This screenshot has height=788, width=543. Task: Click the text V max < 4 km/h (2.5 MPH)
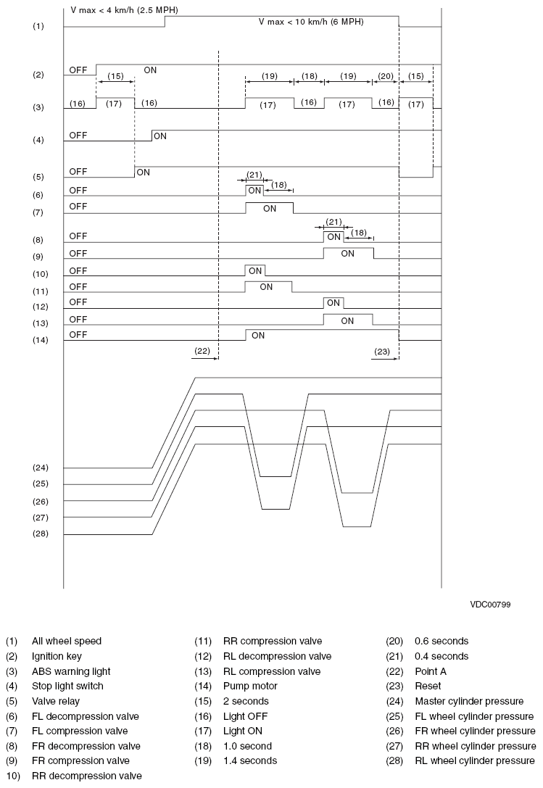125,11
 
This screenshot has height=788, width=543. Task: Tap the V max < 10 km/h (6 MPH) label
311,22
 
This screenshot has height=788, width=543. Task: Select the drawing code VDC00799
489,604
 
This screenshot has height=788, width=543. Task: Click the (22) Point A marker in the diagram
202,351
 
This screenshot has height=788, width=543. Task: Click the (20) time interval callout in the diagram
386,75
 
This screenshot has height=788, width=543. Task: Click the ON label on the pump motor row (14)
258,336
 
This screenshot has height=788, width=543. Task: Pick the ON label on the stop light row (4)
159,136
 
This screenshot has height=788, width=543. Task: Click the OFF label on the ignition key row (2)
78,70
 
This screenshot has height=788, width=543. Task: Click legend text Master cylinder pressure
468,701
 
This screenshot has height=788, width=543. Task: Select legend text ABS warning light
71,671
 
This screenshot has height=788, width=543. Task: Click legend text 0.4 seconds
442,656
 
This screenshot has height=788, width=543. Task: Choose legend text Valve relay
56,701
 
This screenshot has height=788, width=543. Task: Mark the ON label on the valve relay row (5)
144,173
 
